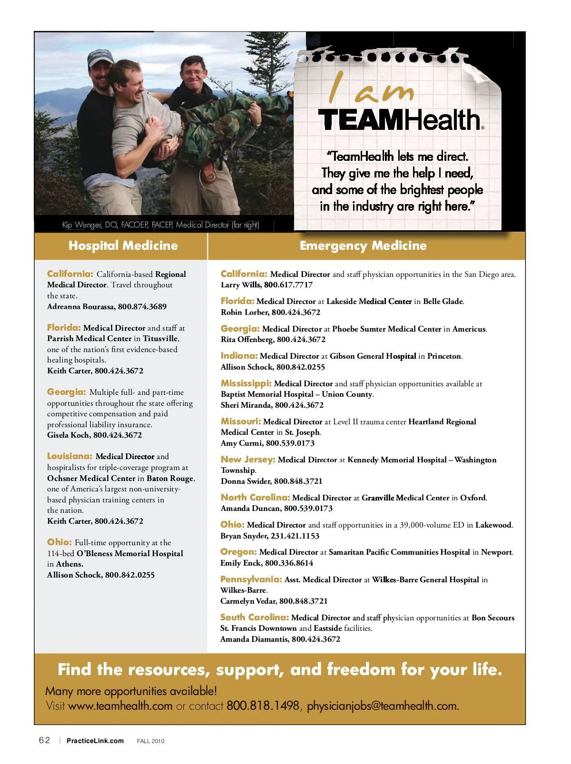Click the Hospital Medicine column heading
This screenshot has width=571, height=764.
(123, 245)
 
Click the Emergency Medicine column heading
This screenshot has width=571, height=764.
(363, 245)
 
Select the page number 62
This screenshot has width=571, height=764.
(44, 740)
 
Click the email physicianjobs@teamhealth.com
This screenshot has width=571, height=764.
(383, 705)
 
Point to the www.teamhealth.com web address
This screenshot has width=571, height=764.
(120, 705)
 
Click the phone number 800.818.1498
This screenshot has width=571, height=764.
(263, 705)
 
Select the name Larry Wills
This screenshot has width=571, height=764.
(240, 285)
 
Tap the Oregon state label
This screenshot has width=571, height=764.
(238, 552)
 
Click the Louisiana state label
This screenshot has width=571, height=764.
(69, 456)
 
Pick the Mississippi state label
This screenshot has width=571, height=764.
(246, 383)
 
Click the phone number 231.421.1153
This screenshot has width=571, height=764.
(295, 536)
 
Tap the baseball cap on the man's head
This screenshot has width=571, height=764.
(100, 58)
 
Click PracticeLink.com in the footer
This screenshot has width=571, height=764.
(95, 741)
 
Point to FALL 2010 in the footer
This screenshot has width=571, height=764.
(150, 741)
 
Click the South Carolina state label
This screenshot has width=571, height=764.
(254, 617)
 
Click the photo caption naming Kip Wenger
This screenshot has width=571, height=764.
(160, 225)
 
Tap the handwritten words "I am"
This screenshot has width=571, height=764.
(370, 88)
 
